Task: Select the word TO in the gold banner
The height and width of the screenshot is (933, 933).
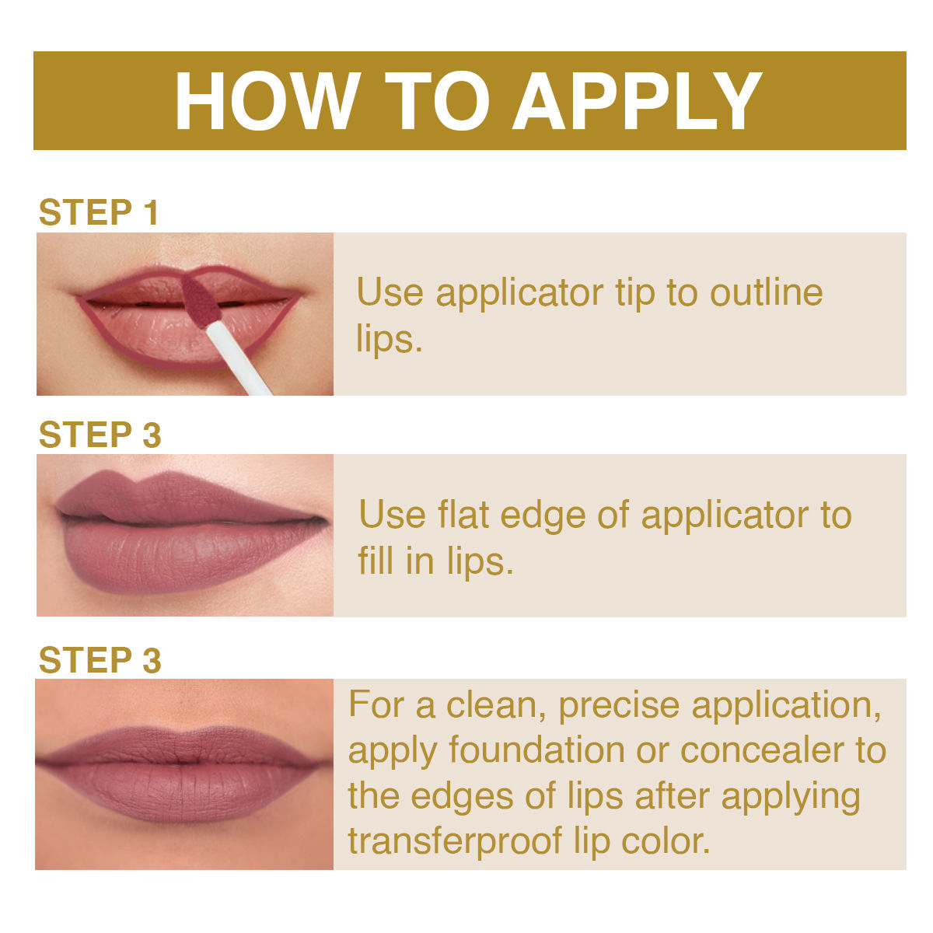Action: (x=437, y=101)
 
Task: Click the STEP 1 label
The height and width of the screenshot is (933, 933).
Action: (x=99, y=211)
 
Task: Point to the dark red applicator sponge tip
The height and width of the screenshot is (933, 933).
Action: (x=200, y=301)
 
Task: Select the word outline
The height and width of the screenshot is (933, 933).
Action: (x=766, y=292)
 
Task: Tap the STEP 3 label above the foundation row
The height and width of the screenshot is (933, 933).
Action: (x=100, y=659)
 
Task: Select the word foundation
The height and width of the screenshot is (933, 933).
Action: (x=536, y=750)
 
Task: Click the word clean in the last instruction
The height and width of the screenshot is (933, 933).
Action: (x=494, y=705)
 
